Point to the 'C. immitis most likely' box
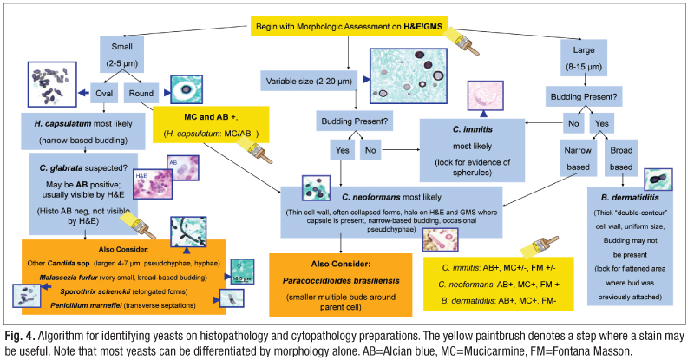point(476,125)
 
